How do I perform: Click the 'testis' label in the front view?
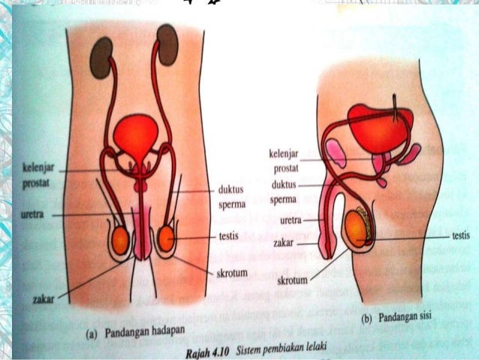[228, 236]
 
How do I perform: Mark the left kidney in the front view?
[98, 57]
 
